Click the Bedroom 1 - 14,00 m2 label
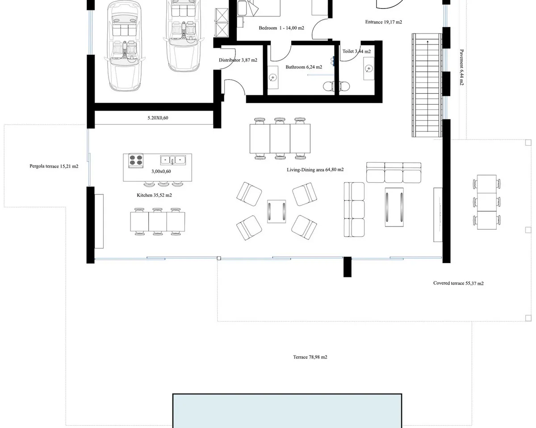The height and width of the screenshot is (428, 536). click(281, 28)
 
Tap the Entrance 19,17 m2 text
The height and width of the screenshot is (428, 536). click(383, 22)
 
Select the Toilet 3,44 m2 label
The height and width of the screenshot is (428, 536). click(356, 51)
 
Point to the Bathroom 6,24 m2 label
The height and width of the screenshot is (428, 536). click(304, 67)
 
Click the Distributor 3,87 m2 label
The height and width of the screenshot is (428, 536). click(238, 60)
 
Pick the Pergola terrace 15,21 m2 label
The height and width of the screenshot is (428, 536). click(54, 166)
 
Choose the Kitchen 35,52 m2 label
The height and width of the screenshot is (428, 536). click(154, 195)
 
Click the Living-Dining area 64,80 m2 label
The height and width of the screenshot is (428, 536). click(315, 169)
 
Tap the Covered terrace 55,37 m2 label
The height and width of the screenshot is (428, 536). click(458, 283)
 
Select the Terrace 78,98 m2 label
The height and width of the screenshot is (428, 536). click(310, 357)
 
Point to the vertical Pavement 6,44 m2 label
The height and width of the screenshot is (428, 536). click(461, 67)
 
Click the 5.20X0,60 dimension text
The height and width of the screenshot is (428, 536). click(158, 118)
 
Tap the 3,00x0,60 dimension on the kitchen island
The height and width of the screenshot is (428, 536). click(161, 171)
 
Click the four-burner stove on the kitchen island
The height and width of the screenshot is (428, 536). click(136, 160)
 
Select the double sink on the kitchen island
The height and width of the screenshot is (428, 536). click(173, 160)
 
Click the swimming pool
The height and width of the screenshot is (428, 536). click(287, 411)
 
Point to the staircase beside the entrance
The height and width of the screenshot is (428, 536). click(427, 85)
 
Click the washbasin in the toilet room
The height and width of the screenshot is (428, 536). click(368, 68)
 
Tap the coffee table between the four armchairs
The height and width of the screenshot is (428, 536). click(276, 211)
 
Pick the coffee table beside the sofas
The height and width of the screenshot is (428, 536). click(394, 207)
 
